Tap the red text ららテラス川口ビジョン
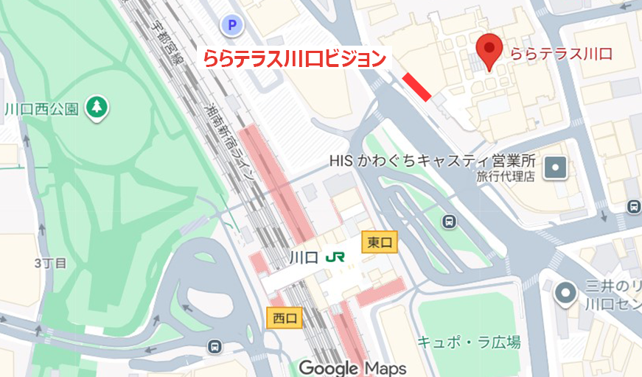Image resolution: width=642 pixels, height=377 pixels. (x=295, y=57)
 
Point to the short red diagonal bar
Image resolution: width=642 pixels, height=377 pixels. (x=416, y=86)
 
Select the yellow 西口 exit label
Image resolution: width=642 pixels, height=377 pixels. (x=284, y=318)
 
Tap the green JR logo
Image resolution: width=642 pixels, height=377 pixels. (x=335, y=257)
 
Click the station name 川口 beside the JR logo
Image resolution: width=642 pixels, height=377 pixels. (x=304, y=258)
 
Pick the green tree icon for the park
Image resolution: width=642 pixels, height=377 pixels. (x=96, y=108)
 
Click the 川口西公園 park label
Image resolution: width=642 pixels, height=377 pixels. (x=41, y=109)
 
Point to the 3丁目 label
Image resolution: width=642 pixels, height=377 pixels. (x=50, y=262)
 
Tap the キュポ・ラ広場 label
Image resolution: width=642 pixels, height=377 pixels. (x=469, y=342)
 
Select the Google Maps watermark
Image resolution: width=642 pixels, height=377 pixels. (x=352, y=367)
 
